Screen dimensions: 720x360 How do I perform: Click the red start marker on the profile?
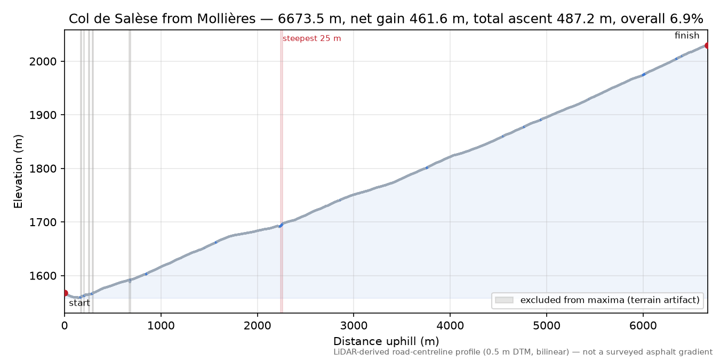coord(65,293)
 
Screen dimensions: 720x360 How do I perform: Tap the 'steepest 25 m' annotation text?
coord(312,38)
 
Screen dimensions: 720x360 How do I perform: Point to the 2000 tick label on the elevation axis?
coord(43,61)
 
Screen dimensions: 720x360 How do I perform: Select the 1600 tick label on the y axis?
coord(43,276)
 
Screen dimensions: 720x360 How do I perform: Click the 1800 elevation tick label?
coord(43,169)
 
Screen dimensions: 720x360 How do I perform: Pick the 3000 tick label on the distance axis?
coord(354,326)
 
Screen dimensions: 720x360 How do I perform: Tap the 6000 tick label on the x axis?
coord(643,326)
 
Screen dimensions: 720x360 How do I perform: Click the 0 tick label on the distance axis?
coord(65,326)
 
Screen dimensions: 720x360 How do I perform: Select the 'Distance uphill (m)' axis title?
coord(386,341)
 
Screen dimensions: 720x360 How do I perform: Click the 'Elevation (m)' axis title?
coord(18,171)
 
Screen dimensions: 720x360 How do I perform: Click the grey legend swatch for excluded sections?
coord(504,300)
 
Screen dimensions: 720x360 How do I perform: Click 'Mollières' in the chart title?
coord(226,19)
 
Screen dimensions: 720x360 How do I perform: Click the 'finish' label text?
coord(687,35)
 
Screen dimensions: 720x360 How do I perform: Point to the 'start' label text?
coord(79,303)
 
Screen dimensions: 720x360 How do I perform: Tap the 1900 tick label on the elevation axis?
coord(43,115)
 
